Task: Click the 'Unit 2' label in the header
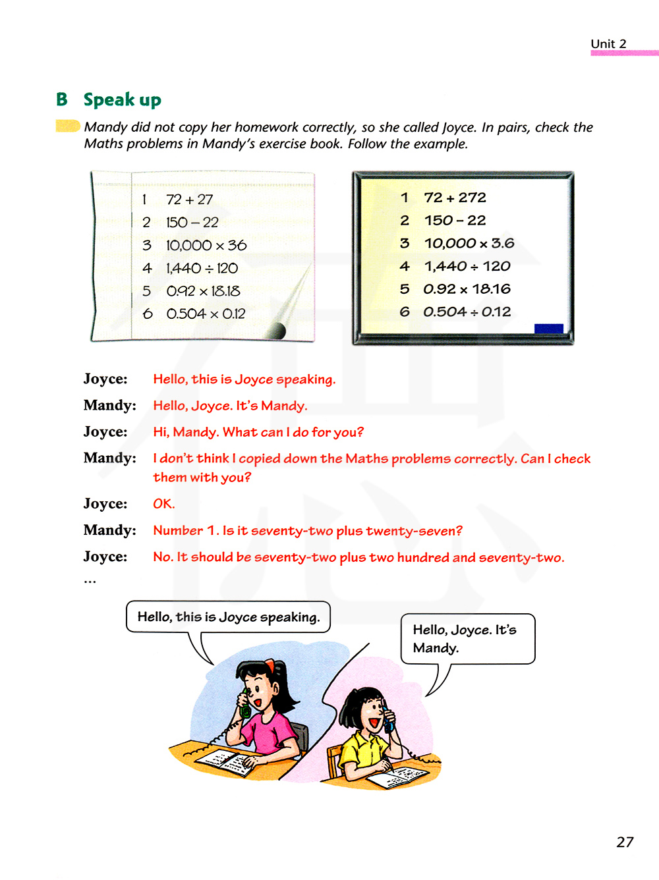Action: point(608,44)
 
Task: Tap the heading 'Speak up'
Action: point(122,100)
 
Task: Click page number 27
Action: point(625,842)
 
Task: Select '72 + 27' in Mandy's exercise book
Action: point(189,200)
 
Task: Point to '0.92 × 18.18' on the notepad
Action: point(203,291)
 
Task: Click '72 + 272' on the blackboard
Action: point(455,198)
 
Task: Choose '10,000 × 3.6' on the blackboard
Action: point(469,244)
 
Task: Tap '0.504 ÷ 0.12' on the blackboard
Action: point(467,312)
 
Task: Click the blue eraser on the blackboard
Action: point(548,329)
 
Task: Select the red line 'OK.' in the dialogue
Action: point(163,504)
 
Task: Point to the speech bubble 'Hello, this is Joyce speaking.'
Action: point(228,617)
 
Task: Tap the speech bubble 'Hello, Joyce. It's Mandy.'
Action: point(467,638)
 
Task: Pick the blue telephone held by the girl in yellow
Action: point(389,721)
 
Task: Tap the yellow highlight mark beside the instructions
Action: point(67,126)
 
